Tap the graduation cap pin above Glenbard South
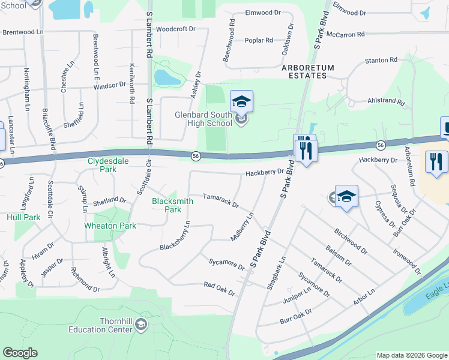coord(241,101)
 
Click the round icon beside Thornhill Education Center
coord(141,325)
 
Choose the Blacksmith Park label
coord(173,206)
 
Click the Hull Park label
coord(23,217)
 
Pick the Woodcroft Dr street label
coord(175,28)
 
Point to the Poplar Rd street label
coord(259,40)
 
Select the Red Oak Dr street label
coord(218,288)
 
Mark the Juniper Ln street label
coord(298,293)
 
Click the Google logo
coord(20,353)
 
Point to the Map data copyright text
coord(411,355)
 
